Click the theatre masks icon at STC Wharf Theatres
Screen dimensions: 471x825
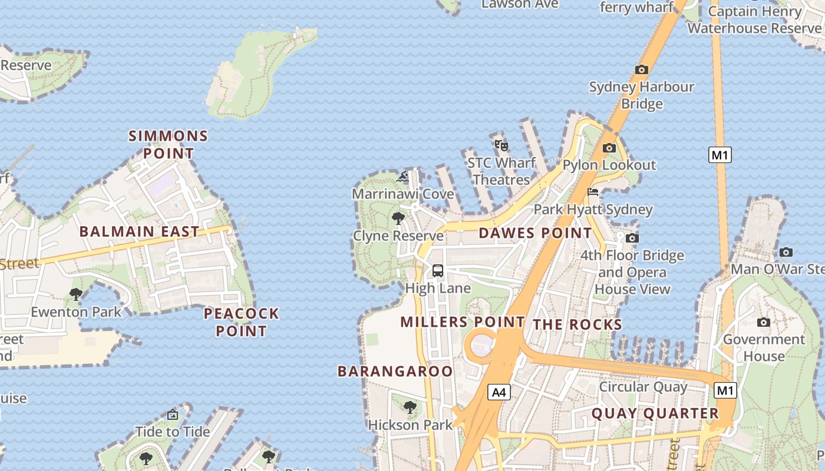tap(501, 145)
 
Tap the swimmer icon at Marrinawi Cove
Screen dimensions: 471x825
tap(404, 177)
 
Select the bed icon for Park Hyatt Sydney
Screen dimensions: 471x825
tap(593, 192)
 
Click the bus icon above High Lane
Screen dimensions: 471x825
tap(437, 271)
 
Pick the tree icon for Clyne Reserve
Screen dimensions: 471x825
tap(398, 218)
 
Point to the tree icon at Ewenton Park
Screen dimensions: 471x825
tap(75, 294)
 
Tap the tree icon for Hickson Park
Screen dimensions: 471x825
tap(410, 407)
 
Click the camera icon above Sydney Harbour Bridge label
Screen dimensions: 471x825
tap(642, 69)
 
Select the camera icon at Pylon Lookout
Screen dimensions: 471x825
tap(609, 148)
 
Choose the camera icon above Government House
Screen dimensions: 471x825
tap(764, 322)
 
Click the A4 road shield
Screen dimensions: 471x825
tap(499, 392)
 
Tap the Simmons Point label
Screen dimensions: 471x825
tap(169, 145)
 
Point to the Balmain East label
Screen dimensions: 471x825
tap(140, 231)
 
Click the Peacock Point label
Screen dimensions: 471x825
tap(241, 322)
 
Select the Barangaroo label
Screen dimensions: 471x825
tap(395, 371)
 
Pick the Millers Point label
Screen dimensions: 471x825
tap(462, 322)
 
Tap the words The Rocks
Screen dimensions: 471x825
tap(577, 324)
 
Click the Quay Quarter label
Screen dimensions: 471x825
tap(655, 413)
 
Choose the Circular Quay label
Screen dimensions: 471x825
tap(643, 387)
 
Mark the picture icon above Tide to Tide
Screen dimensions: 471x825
tap(173, 414)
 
